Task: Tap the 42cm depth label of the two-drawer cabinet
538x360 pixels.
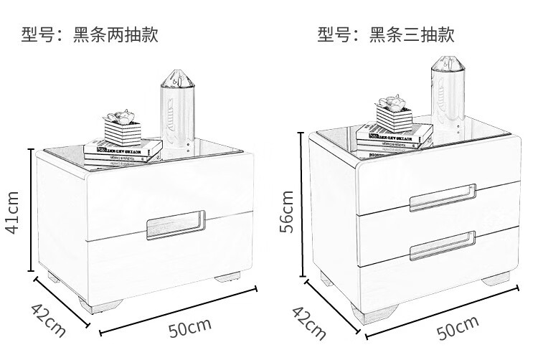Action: (x=48, y=319)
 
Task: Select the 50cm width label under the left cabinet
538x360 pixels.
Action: (x=190, y=328)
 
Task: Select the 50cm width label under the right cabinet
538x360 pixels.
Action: (x=456, y=328)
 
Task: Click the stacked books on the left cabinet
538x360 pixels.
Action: (x=123, y=148)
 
